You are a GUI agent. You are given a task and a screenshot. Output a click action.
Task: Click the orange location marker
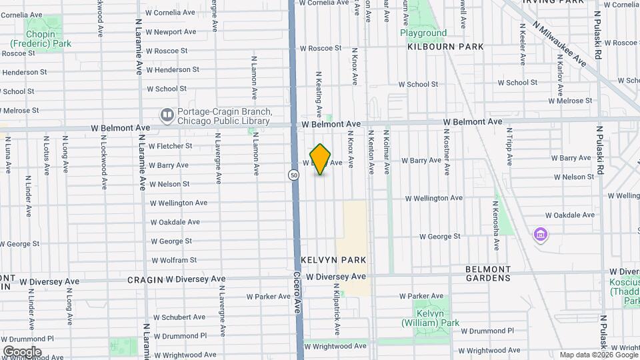tap(321, 159)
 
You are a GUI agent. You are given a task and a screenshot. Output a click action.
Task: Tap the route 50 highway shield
tap(293, 175)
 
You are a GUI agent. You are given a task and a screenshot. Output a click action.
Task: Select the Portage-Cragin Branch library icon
tap(167, 116)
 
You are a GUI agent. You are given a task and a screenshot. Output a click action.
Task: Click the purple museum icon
tap(540, 235)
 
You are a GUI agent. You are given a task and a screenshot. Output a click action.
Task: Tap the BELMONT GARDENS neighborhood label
tap(488, 273)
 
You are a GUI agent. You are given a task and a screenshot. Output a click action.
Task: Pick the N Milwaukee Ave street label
tap(559, 43)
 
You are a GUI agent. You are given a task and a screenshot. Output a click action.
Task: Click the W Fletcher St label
tap(170, 146)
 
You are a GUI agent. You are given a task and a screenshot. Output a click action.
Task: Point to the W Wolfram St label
tap(173, 260)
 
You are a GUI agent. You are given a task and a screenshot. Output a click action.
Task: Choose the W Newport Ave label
tap(171, 31)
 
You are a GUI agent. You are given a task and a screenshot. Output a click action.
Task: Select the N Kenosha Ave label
tap(496, 230)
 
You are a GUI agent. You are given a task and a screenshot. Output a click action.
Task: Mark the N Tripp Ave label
tap(509, 147)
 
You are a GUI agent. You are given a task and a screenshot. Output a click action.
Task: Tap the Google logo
tap(21, 351)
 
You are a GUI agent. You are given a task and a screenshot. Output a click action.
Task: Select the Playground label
tap(423, 33)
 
